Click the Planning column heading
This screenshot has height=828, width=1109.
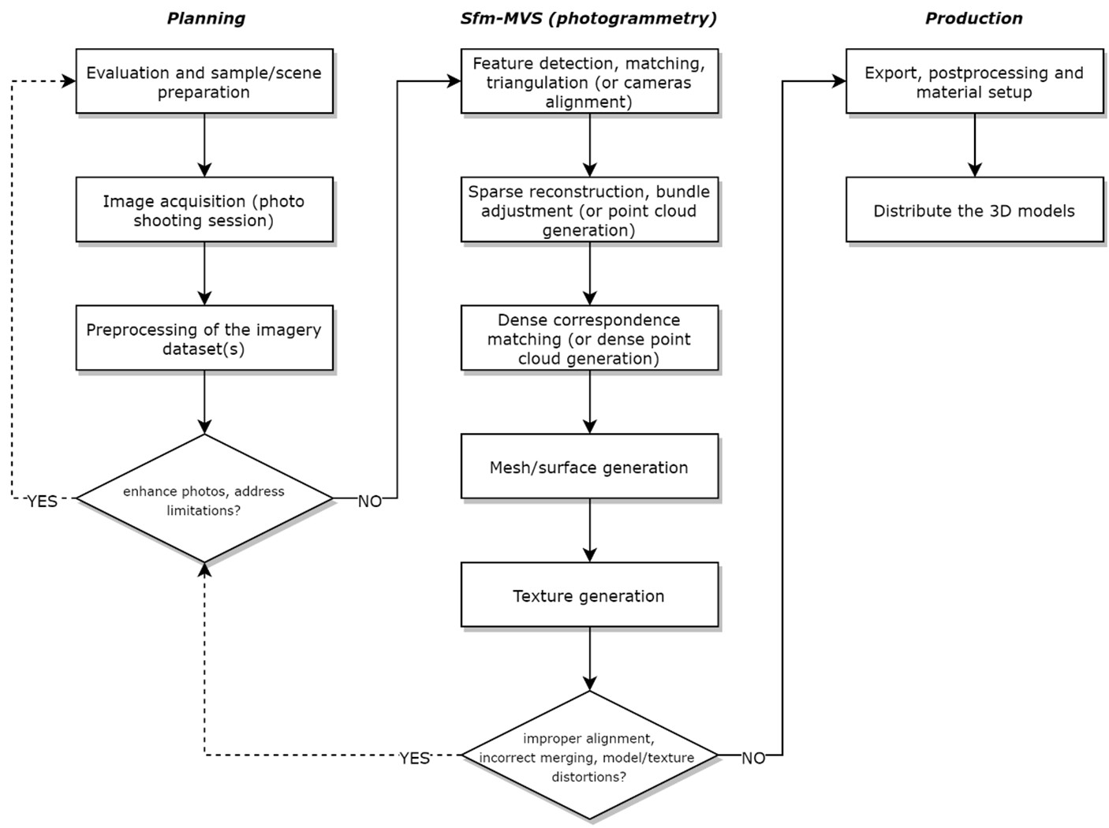click(x=206, y=18)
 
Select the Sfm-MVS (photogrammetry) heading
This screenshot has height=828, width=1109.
click(x=588, y=18)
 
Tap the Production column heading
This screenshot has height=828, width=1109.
click(x=973, y=18)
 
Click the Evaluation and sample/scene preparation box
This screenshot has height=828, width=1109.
click(x=204, y=82)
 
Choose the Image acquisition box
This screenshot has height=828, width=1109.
click(x=204, y=211)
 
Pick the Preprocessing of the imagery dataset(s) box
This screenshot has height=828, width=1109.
click(x=204, y=339)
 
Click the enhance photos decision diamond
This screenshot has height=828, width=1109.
click(x=204, y=499)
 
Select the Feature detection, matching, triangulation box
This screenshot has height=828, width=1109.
click(x=589, y=82)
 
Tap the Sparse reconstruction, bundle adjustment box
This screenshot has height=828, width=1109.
click(x=589, y=211)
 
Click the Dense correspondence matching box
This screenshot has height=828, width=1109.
click(x=589, y=339)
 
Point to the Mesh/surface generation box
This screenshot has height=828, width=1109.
click(x=589, y=468)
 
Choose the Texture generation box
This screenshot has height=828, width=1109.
click(x=589, y=596)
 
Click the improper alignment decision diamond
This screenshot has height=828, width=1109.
click(x=589, y=756)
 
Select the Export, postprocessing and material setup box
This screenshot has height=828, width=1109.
click(x=974, y=82)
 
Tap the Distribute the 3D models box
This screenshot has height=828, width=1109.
click(x=974, y=211)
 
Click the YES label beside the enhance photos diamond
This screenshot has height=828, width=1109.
click(x=43, y=502)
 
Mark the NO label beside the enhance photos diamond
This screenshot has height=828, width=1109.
click(x=370, y=502)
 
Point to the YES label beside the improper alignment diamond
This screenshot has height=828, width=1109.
click(x=415, y=759)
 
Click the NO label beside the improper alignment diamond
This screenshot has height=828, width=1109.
click(x=753, y=759)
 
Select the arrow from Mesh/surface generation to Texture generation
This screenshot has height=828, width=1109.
click(x=589, y=531)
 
